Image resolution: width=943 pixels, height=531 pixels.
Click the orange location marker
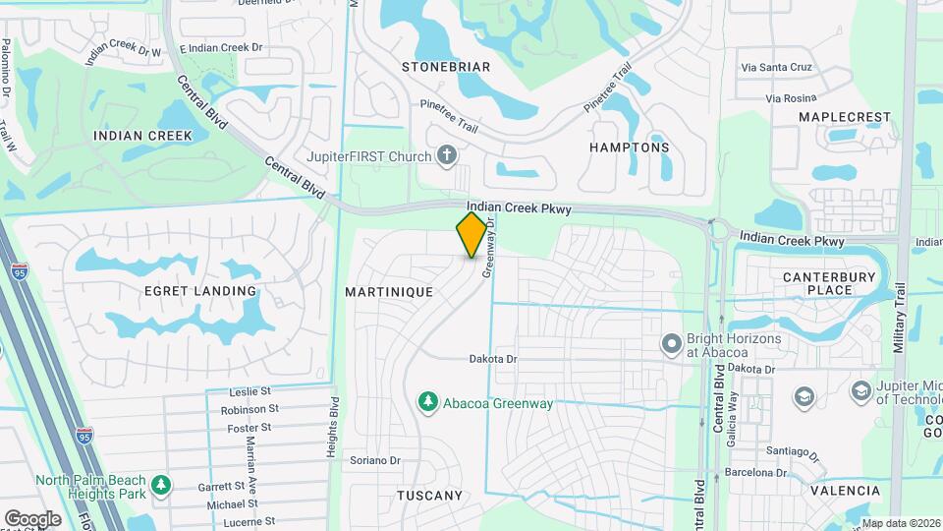pyautogui.click(x=472, y=234)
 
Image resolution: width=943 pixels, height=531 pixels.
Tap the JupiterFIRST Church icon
pyautogui.click(x=447, y=155)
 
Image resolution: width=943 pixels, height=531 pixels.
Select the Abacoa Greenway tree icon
pyautogui.click(x=427, y=402)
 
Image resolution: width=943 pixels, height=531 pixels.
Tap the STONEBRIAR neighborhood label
pyautogui.click(x=446, y=67)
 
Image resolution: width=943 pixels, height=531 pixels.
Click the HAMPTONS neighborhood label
pyautogui.click(x=629, y=147)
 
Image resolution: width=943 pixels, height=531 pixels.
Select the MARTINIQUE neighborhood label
pyautogui.click(x=389, y=293)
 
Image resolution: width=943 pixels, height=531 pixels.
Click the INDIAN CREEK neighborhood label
pyautogui.click(x=142, y=136)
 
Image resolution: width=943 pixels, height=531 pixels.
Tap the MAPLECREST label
pyautogui.click(x=844, y=117)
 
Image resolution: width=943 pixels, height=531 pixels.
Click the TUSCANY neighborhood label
pyautogui.click(x=429, y=496)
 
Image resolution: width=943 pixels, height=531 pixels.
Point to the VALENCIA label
pyautogui.click(x=846, y=490)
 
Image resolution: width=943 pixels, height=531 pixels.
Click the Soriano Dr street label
pyautogui.click(x=376, y=460)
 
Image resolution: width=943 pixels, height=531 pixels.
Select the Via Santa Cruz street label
pyautogui.click(x=777, y=68)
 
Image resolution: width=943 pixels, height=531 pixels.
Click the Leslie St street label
pyautogui.click(x=250, y=391)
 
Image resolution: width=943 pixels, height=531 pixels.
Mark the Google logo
pyautogui.click(x=32, y=518)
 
